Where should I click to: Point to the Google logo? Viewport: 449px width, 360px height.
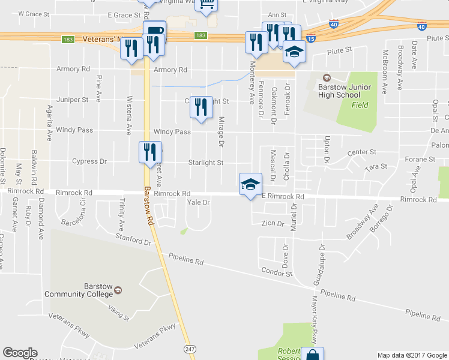tap(20, 353)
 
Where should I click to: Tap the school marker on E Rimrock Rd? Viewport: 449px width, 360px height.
tap(250, 185)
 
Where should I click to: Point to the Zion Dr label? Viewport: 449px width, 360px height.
tap(273, 224)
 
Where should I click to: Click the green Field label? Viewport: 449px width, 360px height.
tap(360, 104)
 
